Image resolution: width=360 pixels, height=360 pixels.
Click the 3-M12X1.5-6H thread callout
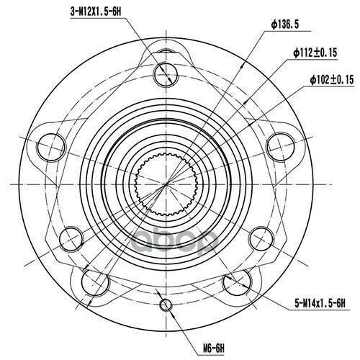click(x=96, y=12)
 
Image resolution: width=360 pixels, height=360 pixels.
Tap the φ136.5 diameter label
click(x=285, y=24)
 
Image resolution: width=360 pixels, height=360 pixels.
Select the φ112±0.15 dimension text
click(x=315, y=53)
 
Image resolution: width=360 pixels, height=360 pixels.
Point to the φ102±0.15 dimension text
click(x=332, y=80)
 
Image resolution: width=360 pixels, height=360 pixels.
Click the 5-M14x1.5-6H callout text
click(x=320, y=304)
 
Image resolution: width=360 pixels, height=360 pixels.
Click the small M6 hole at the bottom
click(x=166, y=305)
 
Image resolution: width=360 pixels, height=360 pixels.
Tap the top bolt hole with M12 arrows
click(x=166, y=74)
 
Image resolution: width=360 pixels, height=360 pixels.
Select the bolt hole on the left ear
click(x=51, y=147)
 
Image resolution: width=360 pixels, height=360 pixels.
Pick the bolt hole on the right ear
click(x=281, y=146)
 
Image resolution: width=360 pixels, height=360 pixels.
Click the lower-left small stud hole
click(x=71, y=239)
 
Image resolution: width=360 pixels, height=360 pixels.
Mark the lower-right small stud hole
click(x=261, y=239)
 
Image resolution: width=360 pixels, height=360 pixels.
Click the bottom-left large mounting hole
click(x=95, y=282)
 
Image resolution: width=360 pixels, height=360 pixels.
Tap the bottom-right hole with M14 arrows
click(x=237, y=282)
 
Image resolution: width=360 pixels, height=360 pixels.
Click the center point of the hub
click(x=166, y=184)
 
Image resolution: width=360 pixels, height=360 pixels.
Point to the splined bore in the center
click(x=166, y=184)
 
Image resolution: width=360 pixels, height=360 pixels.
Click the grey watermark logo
click(x=174, y=241)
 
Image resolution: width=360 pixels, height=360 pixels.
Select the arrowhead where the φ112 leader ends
click(x=245, y=102)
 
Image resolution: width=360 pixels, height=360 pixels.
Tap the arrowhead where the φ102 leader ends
click(x=250, y=124)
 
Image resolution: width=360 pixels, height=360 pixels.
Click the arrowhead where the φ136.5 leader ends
click(x=243, y=66)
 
